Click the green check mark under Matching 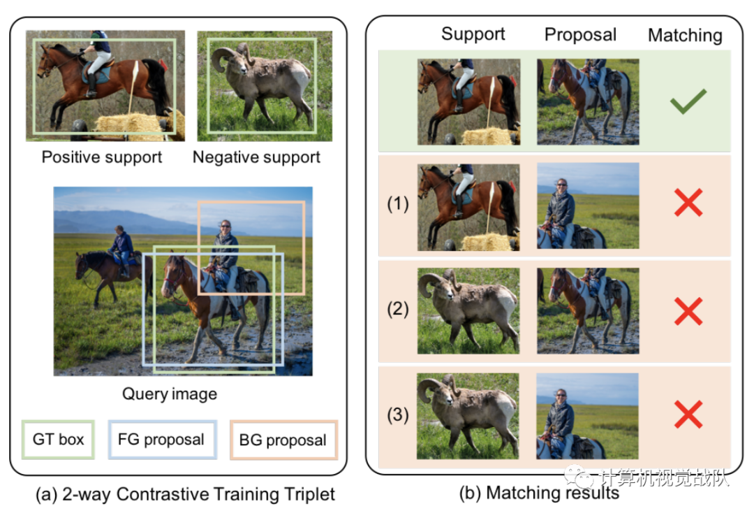pyautogui.click(x=688, y=103)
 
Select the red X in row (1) pyautogui.click(x=688, y=203)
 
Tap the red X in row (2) pyautogui.click(x=688, y=310)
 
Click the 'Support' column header pyautogui.click(x=473, y=35)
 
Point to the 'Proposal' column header pyautogui.click(x=580, y=35)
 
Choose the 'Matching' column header pyautogui.click(x=685, y=35)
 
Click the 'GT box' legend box pyautogui.click(x=59, y=440)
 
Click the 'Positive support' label pyautogui.click(x=102, y=157)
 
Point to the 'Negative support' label pyautogui.click(x=257, y=157)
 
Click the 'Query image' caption pyautogui.click(x=170, y=394)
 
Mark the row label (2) pyautogui.click(x=398, y=310)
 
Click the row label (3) pyautogui.click(x=398, y=415)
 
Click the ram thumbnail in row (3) pyautogui.click(x=468, y=416)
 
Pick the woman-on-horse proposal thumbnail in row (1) pyautogui.click(x=588, y=206)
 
